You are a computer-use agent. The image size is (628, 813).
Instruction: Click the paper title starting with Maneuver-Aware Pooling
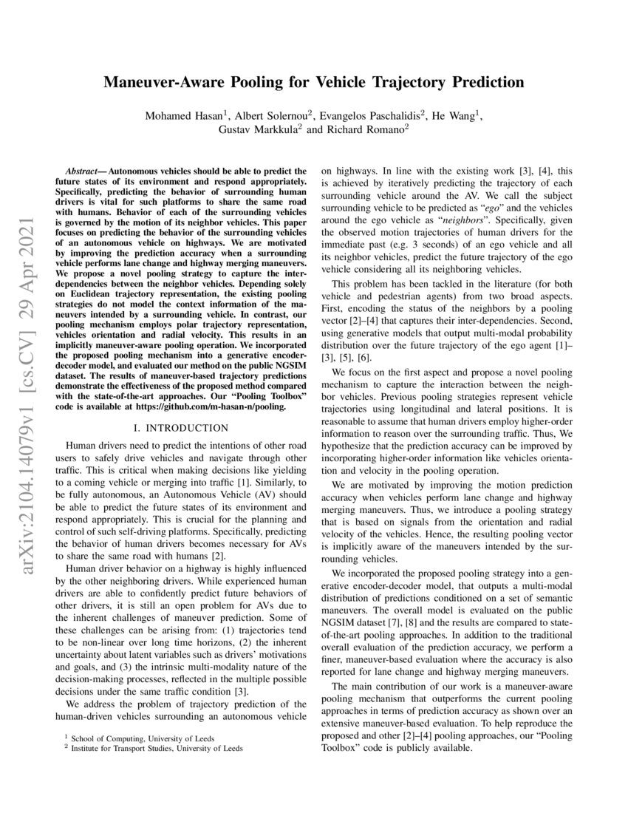coord(313,82)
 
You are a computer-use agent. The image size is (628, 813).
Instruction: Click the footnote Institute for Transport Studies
coord(157,748)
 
